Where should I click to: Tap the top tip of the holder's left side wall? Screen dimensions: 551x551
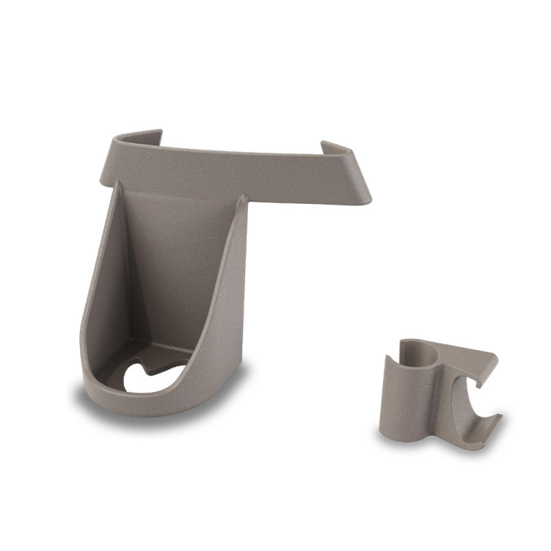pos(117,185)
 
